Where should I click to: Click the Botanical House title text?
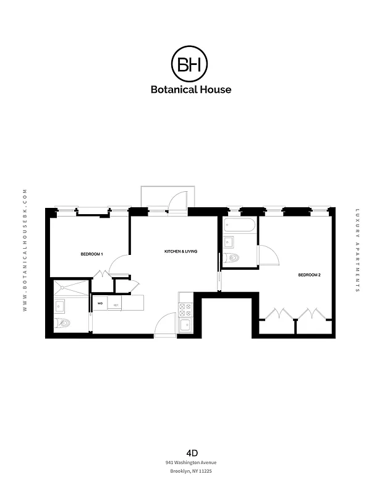point(191,89)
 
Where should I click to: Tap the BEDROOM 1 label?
point(91,254)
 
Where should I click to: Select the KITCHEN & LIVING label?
point(180,252)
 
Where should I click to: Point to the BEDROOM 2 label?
point(309,275)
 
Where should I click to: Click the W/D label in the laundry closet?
point(100,303)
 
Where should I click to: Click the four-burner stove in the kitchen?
point(185,308)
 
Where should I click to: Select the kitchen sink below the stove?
point(185,325)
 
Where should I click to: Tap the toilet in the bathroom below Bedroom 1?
point(65,322)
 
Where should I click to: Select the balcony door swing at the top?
point(177,201)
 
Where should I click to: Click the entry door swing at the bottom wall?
point(166,325)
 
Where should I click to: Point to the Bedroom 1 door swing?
point(118,266)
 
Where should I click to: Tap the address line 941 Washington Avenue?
point(191,462)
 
